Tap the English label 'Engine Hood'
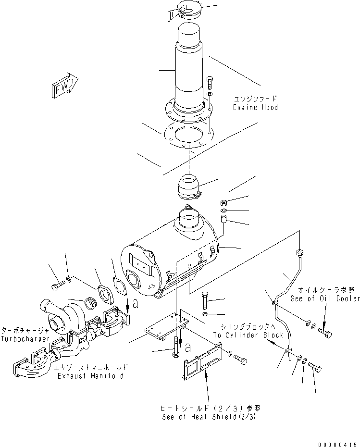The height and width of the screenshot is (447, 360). [x=255, y=107]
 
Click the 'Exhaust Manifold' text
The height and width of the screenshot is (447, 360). [x=89, y=375]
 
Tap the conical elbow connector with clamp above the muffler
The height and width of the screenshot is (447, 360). [x=189, y=187]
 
